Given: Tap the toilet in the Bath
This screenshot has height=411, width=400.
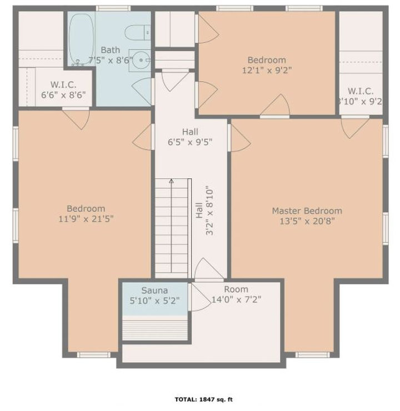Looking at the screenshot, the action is pos(137,33).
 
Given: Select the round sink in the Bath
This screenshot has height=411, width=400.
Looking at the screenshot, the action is pos(141,60).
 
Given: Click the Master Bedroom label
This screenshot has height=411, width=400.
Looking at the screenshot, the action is pos(307,210).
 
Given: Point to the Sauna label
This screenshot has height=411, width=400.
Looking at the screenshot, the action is pos(154,290).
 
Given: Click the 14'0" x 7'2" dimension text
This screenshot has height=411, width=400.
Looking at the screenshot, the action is pos(236,299).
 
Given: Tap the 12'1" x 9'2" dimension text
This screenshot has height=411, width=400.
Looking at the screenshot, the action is pos(267,70).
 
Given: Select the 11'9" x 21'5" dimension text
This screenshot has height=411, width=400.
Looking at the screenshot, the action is pos(86,219).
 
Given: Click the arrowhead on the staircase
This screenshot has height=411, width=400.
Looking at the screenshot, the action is pos(171,181).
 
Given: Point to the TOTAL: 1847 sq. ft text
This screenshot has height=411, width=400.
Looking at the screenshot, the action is pos(204,399).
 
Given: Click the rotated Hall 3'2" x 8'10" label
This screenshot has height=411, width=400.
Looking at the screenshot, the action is pos(204,210).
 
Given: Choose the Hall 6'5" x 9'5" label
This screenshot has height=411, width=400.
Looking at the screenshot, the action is pos(190,137).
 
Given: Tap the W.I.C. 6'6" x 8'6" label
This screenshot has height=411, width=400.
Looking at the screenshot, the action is pos(63,89).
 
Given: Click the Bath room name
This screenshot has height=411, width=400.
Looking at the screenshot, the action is pos(111,50).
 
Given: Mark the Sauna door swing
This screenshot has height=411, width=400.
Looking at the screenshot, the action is pos(200,298).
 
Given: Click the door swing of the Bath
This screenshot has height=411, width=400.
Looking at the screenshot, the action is pos(142,91).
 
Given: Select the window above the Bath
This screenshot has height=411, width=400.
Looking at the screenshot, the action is pos(113,8).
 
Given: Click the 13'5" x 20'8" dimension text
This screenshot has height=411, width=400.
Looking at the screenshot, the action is pos(307,221).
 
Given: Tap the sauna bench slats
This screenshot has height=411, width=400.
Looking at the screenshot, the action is pos(155,329).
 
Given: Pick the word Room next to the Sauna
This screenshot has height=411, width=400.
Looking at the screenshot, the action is pos(236,289).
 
